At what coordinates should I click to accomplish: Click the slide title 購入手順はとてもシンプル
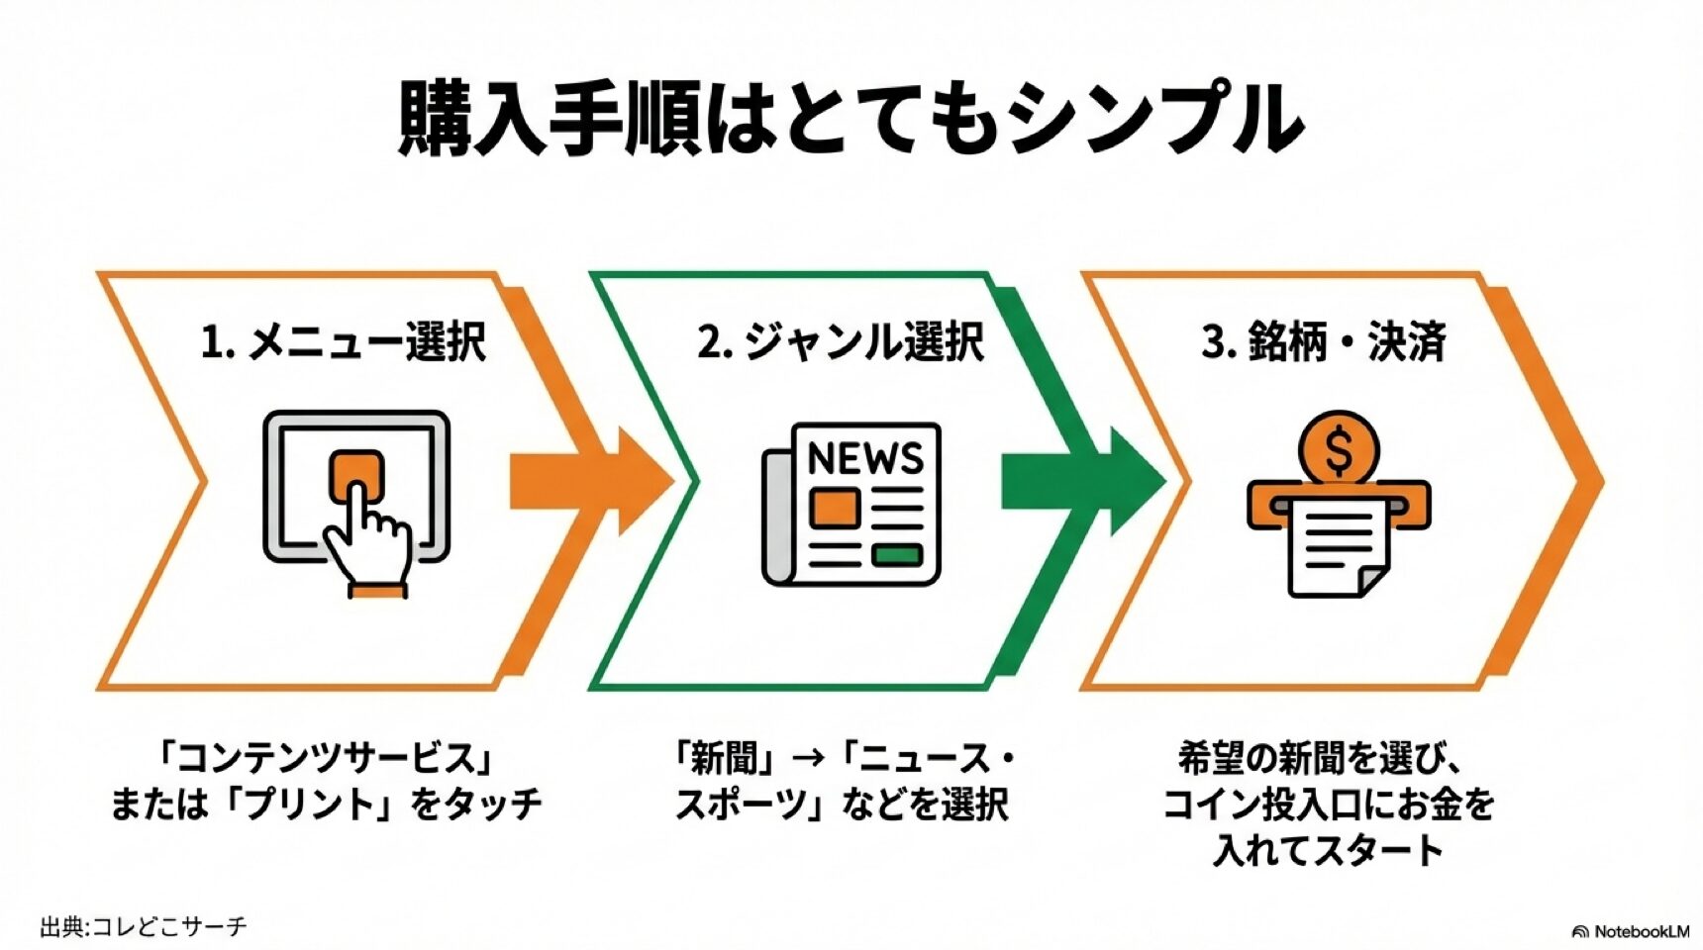pos(850,120)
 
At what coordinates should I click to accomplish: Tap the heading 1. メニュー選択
pos(343,342)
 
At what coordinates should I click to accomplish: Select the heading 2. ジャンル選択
pos(840,342)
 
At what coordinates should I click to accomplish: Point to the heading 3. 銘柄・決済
pos(1324,342)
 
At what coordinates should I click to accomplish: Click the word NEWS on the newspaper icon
pos(864,459)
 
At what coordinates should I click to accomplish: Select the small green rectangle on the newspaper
pos(897,555)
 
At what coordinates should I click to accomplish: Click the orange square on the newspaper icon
pos(834,508)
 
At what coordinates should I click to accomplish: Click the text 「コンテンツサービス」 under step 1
pos(326,760)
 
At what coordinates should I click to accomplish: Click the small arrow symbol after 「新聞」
pos(810,760)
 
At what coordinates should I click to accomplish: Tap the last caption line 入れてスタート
pos(1328,849)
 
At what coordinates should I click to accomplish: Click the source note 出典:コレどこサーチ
pos(143,927)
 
